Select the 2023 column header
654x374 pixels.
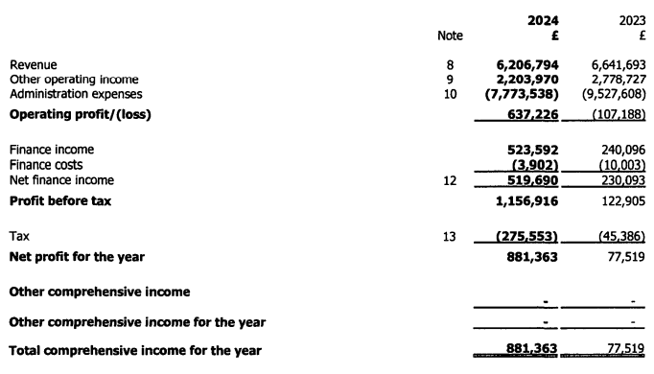pyautogui.click(x=629, y=20)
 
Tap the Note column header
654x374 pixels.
pyautogui.click(x=449, y=36)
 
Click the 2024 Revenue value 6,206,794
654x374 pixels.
pyautogui.click(x=523, y=65)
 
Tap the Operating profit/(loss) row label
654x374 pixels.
pyautogui.click(x=81, y=114)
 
